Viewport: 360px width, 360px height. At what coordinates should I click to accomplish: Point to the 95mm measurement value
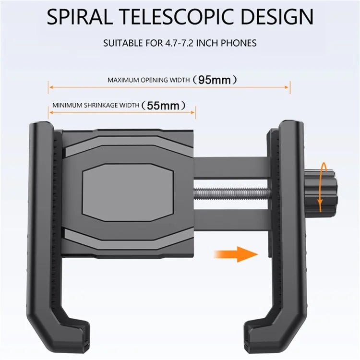[x=215, y=80]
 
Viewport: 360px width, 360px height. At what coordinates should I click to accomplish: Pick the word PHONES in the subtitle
[x=238, y=43]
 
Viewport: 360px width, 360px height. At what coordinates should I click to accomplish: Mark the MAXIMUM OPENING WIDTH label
[x=148, y=80]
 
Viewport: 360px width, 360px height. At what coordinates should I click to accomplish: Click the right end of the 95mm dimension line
[x=290, y=87]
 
